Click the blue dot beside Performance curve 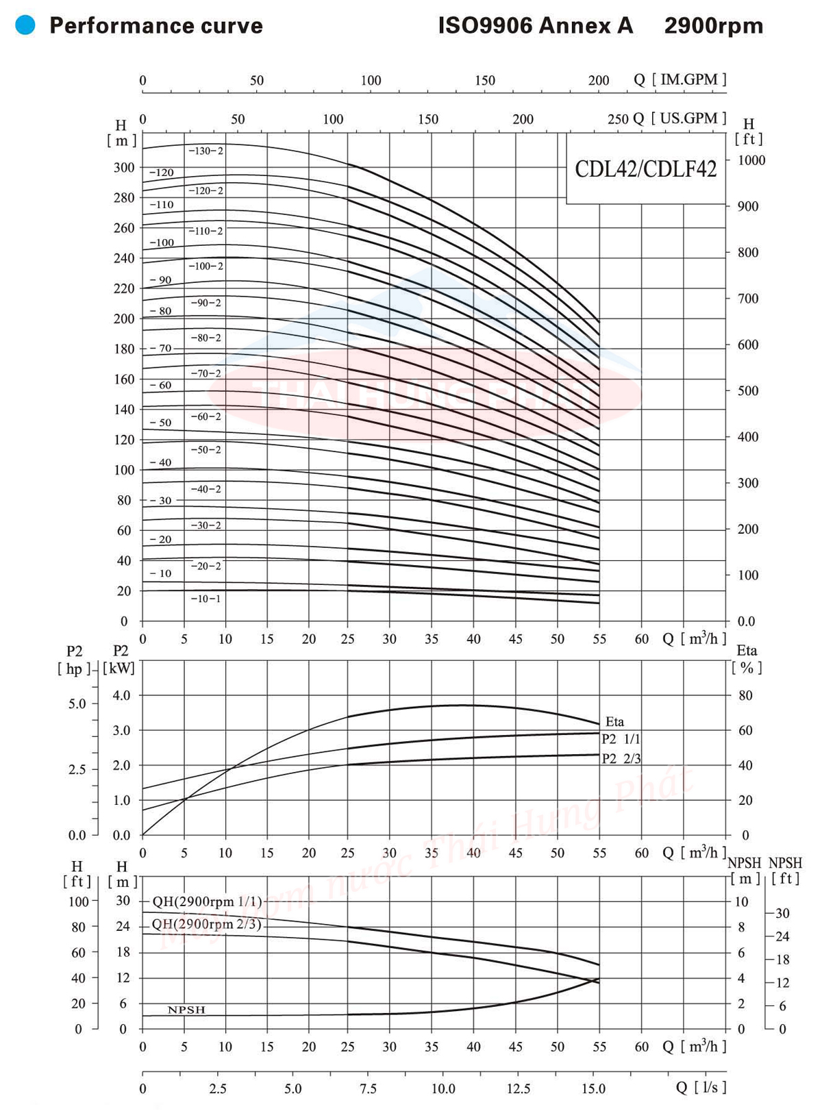25,26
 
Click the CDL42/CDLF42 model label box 645,168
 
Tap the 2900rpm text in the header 713,26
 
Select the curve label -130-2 206,151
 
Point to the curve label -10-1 206,599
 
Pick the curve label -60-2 206,416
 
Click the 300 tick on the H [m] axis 124,168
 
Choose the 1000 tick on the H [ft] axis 751,160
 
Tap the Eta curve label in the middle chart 614,721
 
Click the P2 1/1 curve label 621,739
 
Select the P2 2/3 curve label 621,758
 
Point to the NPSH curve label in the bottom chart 186,1010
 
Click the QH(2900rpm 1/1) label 207,901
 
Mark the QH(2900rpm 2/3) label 207,924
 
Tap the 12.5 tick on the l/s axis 519,1088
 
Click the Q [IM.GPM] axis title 680,79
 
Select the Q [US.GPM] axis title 680,118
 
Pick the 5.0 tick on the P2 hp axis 77,703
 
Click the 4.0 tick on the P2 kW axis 121,695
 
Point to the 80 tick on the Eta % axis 745,695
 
